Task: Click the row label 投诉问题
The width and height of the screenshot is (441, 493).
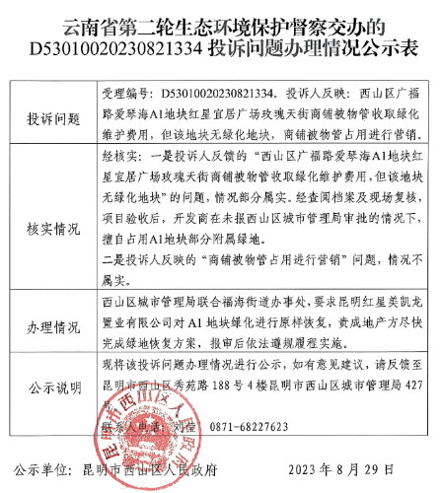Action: [53, 118]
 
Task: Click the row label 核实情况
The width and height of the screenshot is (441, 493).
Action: [53, 229]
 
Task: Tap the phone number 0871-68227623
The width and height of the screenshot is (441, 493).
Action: [248, 427]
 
